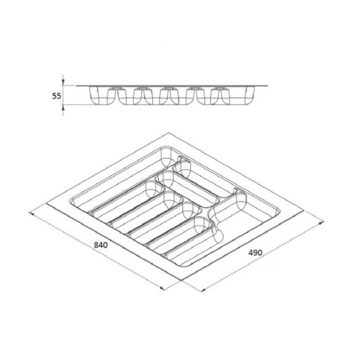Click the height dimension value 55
click(57, 96)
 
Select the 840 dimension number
click(101, 245)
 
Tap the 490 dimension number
click(255, 253)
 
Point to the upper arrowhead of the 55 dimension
click(63, 82)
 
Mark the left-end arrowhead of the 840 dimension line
click(31, 214)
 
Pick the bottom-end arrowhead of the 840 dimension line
click(162, 288)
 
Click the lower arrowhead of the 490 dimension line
click(203, 290)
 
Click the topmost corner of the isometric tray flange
click(168, 133)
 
